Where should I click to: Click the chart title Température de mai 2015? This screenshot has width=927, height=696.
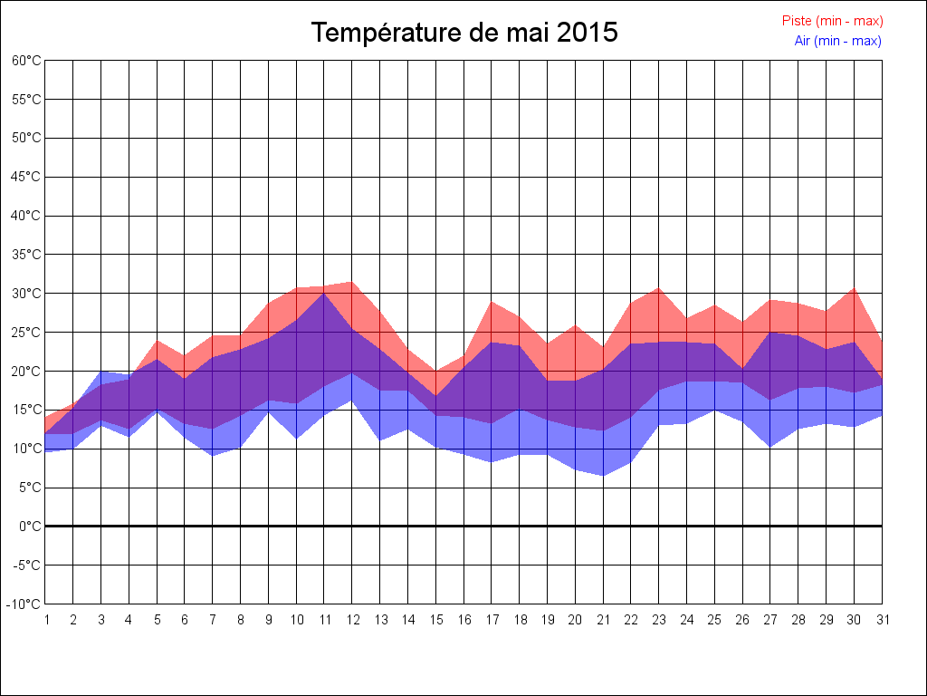464,33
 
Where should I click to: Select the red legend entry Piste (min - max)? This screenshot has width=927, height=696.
832,21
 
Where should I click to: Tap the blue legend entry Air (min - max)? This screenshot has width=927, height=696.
837,41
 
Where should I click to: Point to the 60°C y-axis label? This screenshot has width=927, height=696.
26,61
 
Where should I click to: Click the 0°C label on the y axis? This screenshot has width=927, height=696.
30,526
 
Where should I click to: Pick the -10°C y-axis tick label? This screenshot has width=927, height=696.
24,604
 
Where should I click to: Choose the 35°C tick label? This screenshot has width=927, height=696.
26,255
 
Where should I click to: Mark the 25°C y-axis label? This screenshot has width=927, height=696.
26,333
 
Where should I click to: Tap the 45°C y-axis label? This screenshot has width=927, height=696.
26,177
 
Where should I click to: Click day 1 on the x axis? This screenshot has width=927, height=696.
46,620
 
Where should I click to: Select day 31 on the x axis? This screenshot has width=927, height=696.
882,620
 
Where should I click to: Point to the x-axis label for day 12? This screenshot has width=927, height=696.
352,620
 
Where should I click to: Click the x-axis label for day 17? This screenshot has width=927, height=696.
492,620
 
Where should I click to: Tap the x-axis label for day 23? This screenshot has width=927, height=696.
659,620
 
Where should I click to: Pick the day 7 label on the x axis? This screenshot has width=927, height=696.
213,620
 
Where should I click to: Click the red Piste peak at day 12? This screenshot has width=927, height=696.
352,282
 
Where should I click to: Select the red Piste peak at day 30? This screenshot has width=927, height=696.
854,288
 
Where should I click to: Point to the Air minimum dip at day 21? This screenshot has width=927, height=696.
603,476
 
